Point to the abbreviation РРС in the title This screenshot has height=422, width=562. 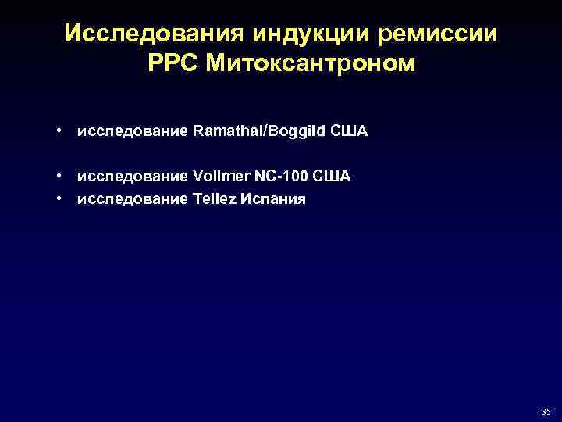(173, 64)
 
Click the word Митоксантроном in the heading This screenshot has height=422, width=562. (311, 64)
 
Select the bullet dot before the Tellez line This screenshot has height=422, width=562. (59, 199)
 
